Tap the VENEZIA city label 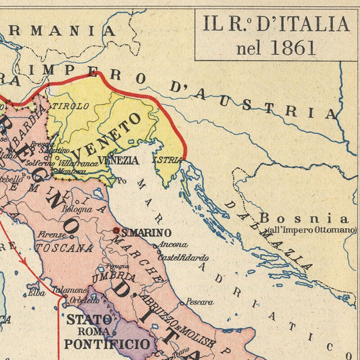[118, 160]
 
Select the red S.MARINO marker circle [116, 230]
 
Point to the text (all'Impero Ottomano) [312, 230]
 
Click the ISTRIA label [167, 160]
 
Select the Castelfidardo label [183, 258]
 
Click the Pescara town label [200, 302]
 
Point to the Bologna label [77, 209]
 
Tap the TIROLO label [71, 106]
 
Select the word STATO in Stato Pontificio [89, 320]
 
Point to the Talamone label [69, 290]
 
